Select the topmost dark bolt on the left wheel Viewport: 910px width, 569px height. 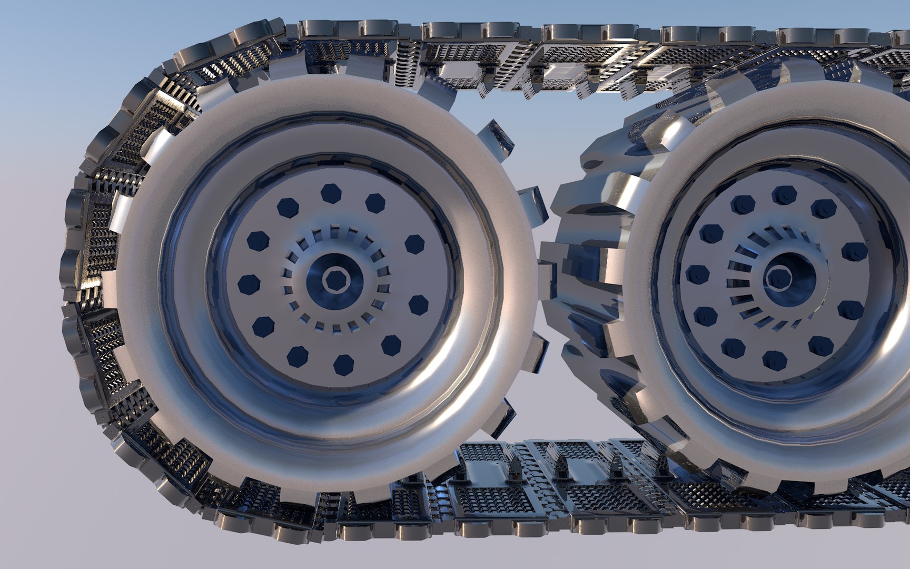pos(331,193)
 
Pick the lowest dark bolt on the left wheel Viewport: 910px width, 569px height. pos(343,364)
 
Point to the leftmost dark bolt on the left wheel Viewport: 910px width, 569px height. pos(249,284)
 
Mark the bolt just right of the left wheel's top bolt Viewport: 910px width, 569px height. pos(375,203)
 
